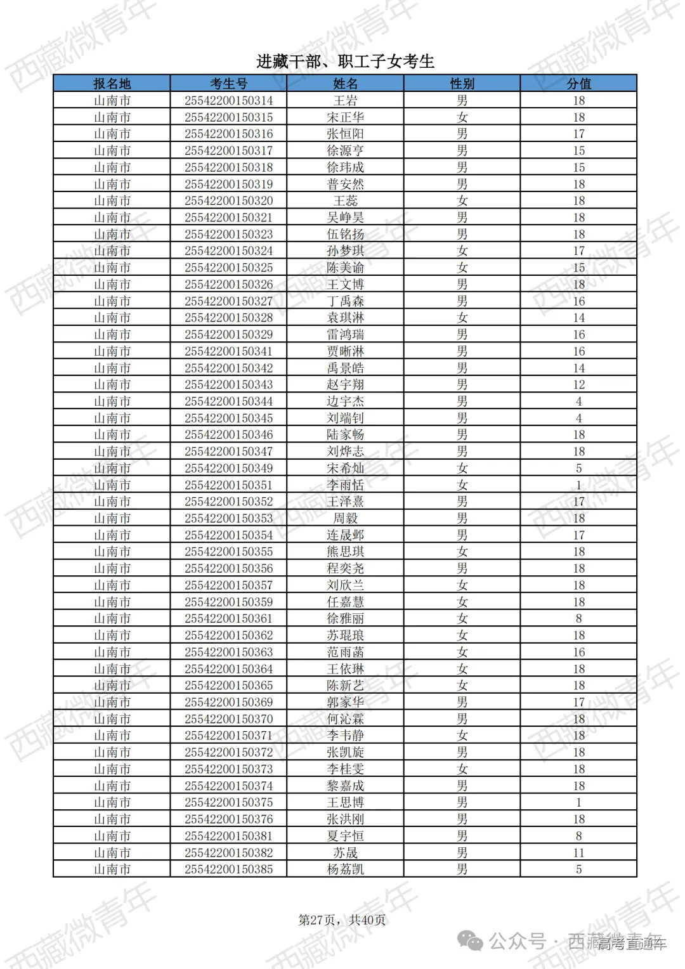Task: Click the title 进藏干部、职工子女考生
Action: coord(345,62)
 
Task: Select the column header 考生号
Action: coord(228,84)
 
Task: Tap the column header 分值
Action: coord(578,84)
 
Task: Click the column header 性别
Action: coord(462,84)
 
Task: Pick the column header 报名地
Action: coord(112,84)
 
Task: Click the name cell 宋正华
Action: coord(345,117)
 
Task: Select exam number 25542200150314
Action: coord(228,101)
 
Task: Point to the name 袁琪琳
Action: coord(345,318)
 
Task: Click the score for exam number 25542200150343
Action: coord(578,385)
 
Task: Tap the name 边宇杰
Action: coord(345,401)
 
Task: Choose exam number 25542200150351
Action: coord(228,485)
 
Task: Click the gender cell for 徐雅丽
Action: coord(462,619)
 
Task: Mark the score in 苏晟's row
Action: coord(578,853)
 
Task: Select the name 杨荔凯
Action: coord(345,869)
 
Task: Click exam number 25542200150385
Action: coord(228,869)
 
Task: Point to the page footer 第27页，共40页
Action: coord(342,920)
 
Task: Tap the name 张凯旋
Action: coord(345,753)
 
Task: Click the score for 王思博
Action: coord(578,803)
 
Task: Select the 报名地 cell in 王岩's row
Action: coord(112,101)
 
